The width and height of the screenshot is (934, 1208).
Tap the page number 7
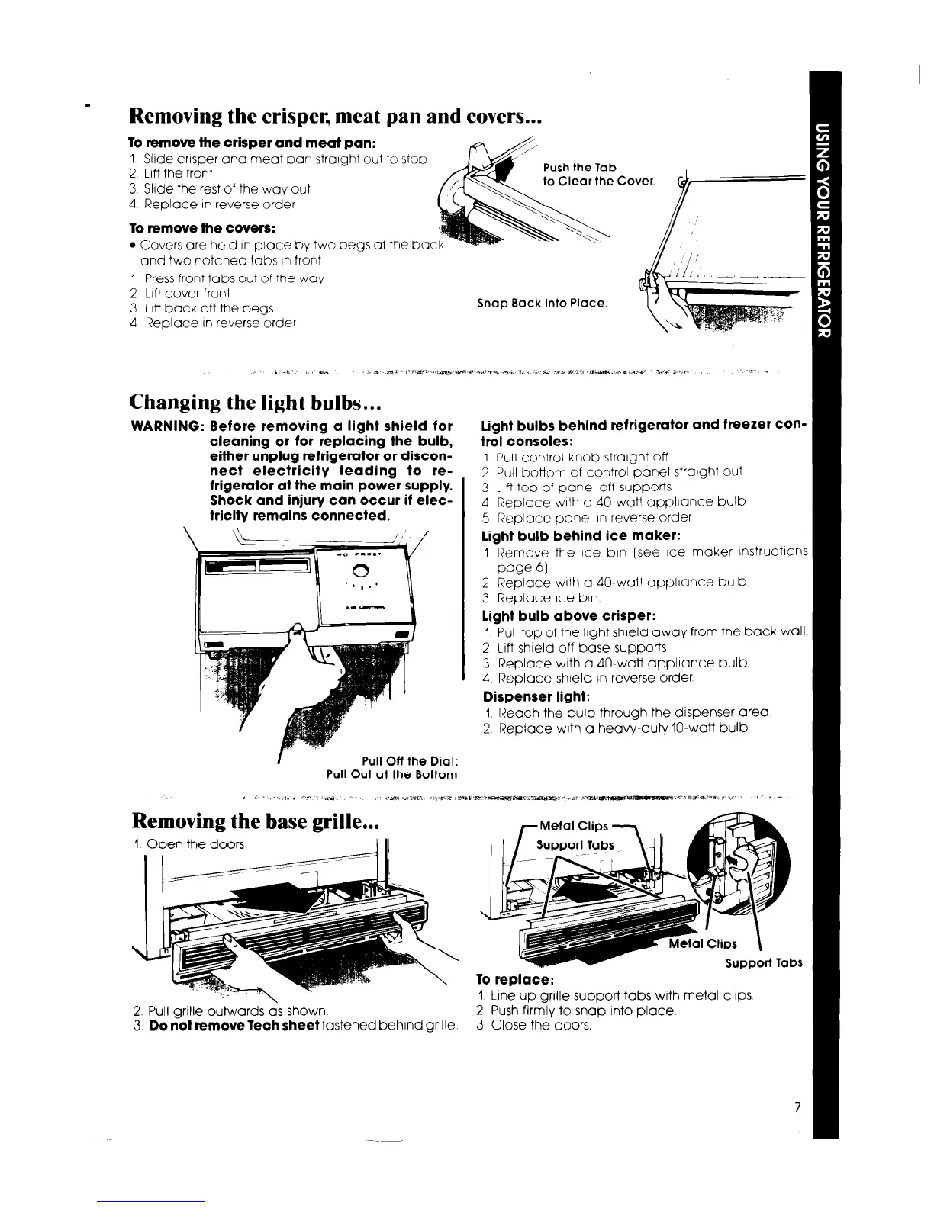point(797,1109)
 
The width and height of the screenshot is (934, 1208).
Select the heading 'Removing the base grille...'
point(256,821)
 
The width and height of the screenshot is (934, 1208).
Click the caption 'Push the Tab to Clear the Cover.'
point(599,175)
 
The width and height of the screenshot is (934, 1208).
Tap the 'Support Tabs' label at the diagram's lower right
point(763,962)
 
